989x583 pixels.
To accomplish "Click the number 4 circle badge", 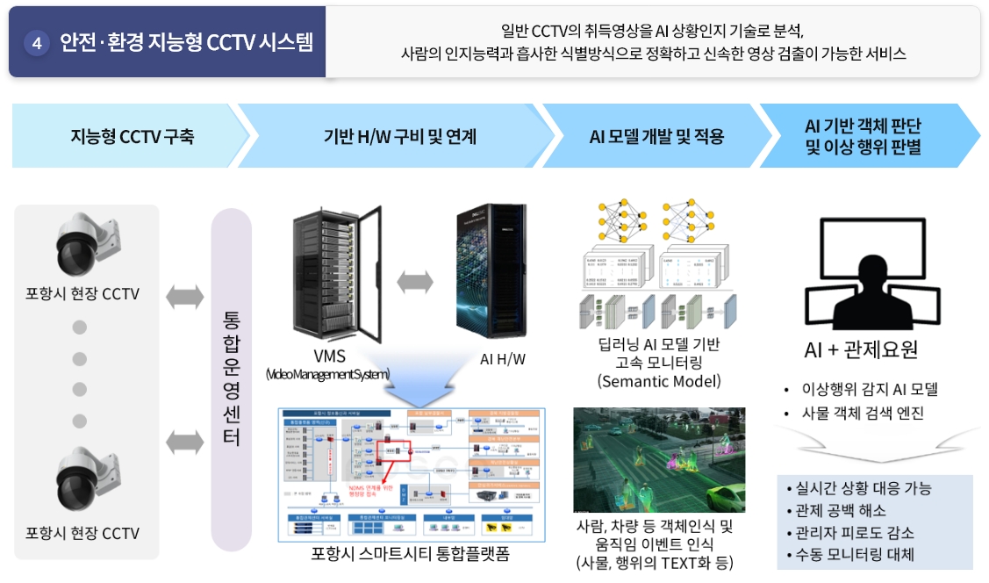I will click(37, 43).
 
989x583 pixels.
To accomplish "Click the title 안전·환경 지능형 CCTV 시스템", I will click(185, 43).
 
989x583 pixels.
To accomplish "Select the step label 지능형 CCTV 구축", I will click(132, 136).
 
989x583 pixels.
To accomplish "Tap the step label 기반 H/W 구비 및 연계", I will click(399, 136).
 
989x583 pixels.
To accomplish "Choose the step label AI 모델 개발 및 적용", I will click(656, 136).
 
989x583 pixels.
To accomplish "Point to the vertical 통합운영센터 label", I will click(231, 377).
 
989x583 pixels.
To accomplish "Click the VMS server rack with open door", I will click(336, 274).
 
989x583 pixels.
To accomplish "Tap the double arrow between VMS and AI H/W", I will click(415, 283).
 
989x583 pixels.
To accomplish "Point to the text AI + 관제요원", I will click(861, 349).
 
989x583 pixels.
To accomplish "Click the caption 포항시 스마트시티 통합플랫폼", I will click(410, 554).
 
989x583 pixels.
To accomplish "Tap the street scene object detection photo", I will click(658, 459).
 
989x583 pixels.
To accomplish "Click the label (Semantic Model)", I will click(658, 381).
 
